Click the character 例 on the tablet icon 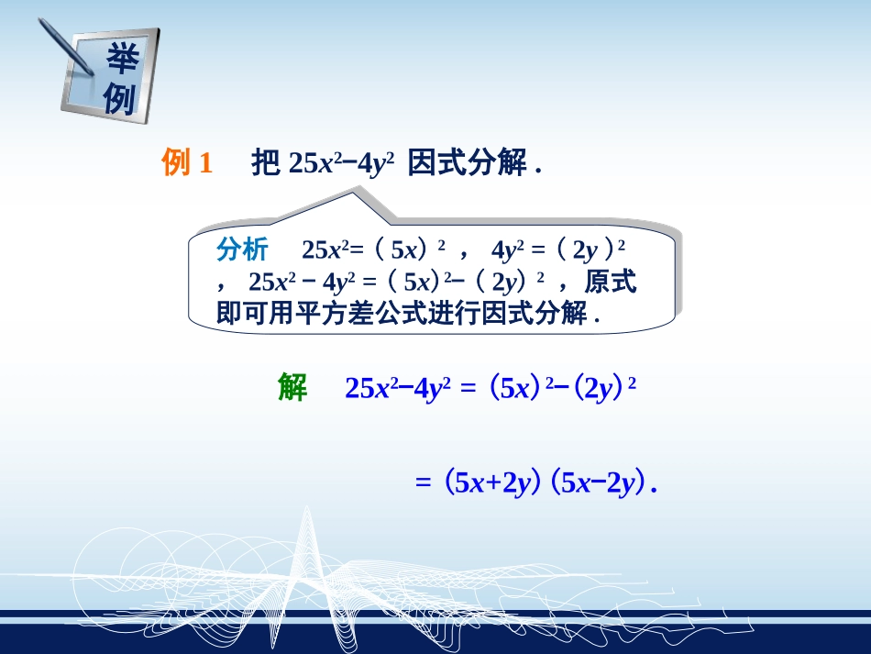point(119,98)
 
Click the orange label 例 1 point(187,163)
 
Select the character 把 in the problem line point(265,163)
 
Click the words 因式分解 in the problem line point(467,163)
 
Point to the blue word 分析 point(242,249)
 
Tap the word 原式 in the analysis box point(610,281)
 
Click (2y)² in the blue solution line point(599,388)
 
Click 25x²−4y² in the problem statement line point(341,163)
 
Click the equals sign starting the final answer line point(423,483)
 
